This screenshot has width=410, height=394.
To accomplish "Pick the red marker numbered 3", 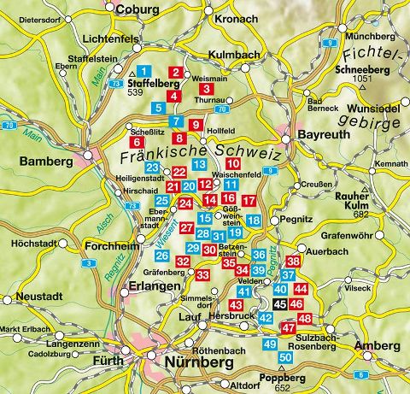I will [208, 88].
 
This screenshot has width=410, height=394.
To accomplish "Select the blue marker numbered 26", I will [161, 255].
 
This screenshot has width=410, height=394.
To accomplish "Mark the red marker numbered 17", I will [249, 201].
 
